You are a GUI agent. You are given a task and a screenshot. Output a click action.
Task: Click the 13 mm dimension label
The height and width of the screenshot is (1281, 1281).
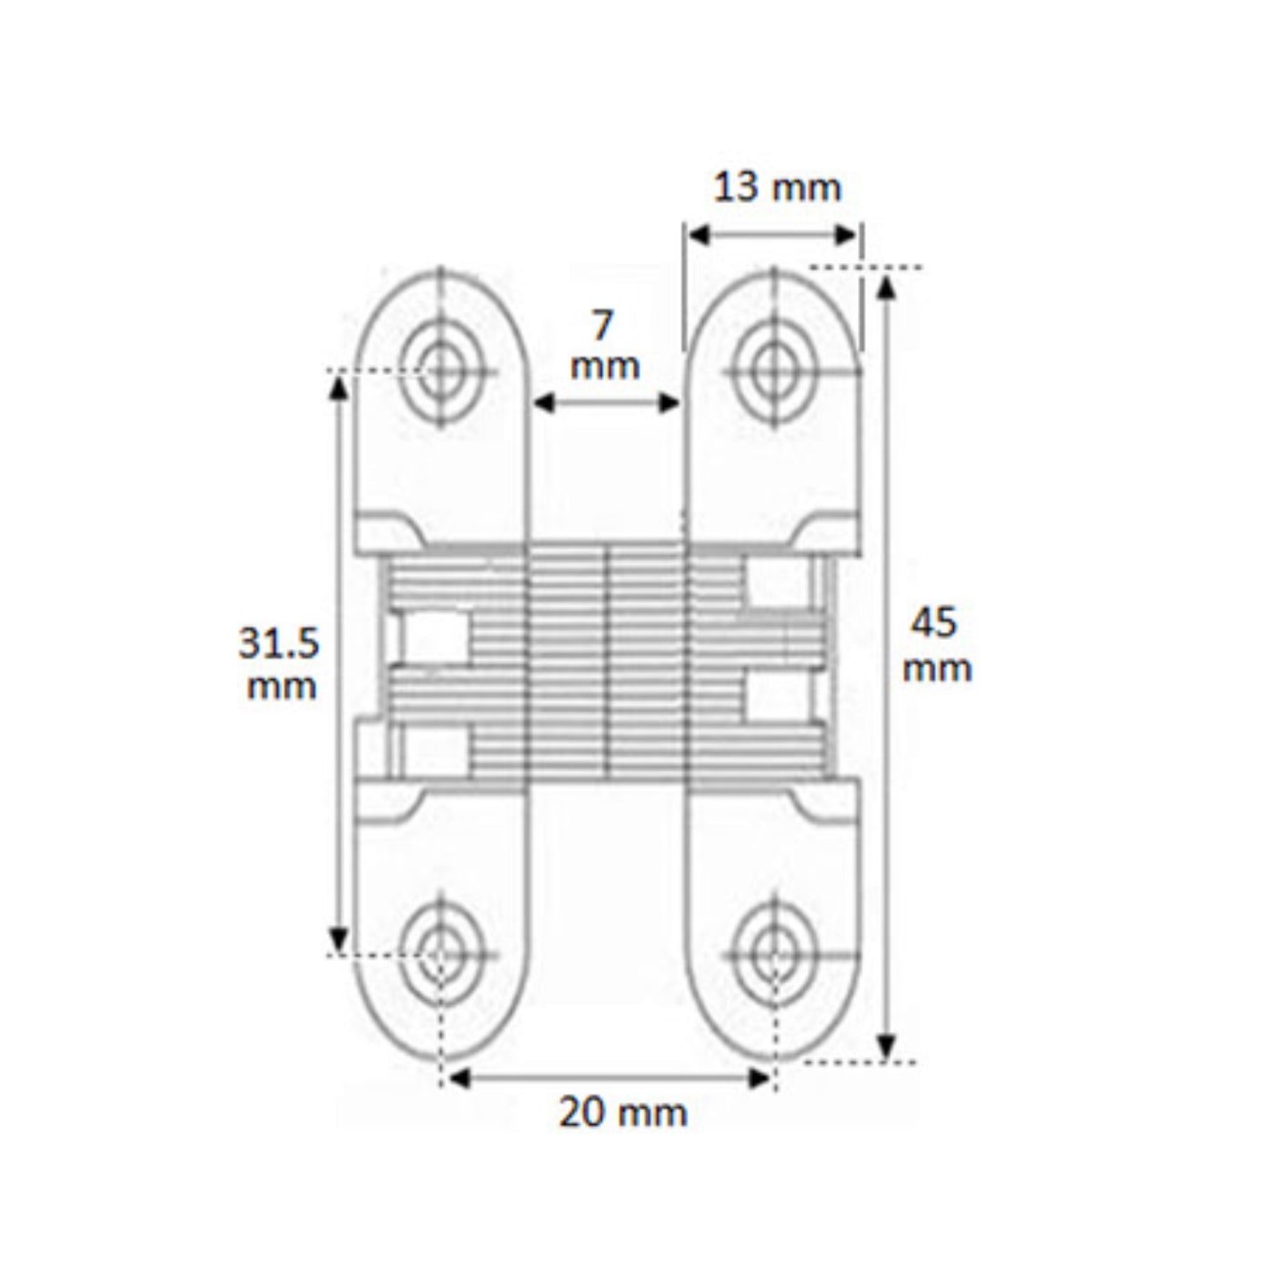click(x=777, y=188)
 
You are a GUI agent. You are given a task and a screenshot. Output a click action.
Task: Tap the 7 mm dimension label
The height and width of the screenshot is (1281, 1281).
click(x=605, y=346)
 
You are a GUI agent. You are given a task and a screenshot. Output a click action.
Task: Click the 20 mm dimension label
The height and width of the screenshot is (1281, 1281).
click(x=622, y=1113)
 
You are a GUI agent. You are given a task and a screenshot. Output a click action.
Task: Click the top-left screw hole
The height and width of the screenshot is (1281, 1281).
click(x=441, y=369)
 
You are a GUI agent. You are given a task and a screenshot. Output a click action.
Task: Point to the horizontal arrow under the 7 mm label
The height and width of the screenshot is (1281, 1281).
click(x=607, y=403)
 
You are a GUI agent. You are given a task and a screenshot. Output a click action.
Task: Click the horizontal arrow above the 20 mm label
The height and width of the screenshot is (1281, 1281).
click(x=609, y=1078)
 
